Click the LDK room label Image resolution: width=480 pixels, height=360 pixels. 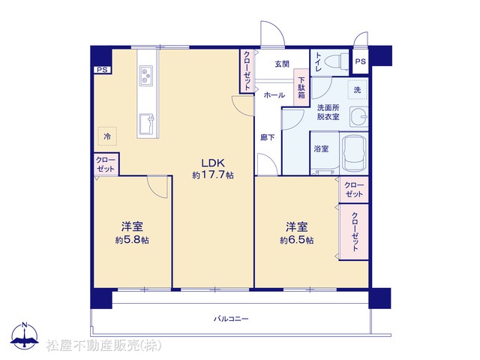pos(213,162)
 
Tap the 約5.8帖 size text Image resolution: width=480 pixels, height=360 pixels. pos(132,240)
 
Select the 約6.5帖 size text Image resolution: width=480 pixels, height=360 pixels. pos(296,240)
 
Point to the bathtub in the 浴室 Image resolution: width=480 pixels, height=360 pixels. pos(354,153)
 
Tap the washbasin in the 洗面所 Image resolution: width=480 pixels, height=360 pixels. pos(358,117)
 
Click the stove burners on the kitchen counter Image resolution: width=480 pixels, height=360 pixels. pos(146,75)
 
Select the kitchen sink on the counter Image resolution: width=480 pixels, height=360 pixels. pos(147,124)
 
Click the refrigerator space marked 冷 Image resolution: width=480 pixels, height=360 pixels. pos(107,136)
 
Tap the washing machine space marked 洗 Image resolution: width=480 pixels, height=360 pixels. pos(357,90)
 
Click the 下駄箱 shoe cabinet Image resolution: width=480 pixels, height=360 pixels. pos(301,88)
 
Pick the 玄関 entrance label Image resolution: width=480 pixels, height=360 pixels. pos(282,64)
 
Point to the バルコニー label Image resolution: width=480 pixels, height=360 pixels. pos(231,319)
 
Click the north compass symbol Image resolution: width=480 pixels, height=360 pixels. pos(25,335)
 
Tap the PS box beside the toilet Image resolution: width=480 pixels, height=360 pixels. pos(360,61)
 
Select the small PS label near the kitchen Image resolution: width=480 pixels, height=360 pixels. pos(102,70)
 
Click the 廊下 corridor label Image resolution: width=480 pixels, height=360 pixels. pos(268,138)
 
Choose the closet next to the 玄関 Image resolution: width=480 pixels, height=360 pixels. pos(247,71)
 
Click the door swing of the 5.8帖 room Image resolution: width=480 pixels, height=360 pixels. pos(157,187)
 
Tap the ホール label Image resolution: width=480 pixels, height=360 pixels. pos(274,95)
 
